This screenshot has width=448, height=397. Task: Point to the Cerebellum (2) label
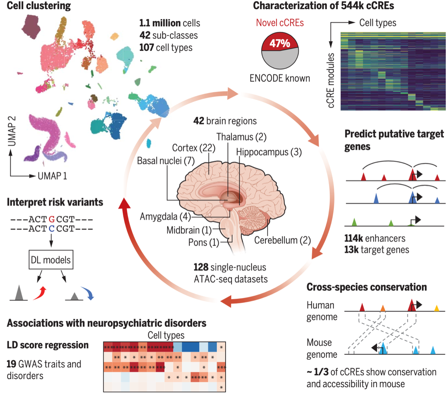click(x=283, y=240)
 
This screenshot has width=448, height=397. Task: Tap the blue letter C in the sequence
click(x=51, y=228)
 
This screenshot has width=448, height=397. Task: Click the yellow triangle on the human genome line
click(x=436, y=308)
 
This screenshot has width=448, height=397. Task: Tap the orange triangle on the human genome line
click(x=383, y=308)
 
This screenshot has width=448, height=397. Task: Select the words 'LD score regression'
click(x=48, y=345)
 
